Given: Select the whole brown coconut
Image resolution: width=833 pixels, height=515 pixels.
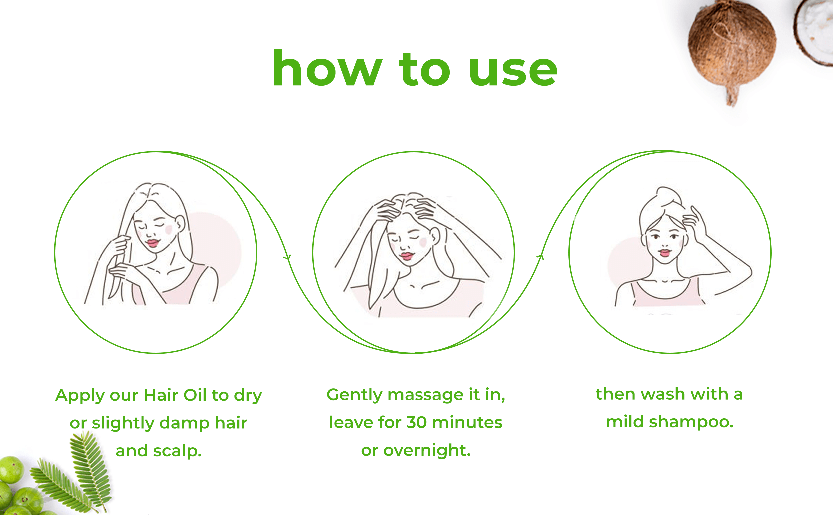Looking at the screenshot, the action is tap(732, 51).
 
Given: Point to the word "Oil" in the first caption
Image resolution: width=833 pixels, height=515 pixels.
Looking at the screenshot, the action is tap(195, 395).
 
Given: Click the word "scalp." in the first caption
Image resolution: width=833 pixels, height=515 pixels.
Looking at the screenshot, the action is tap(177, 451).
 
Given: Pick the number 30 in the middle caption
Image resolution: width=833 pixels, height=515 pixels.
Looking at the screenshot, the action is tap(417, 423).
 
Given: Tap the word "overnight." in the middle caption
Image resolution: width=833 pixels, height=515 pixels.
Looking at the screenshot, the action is tap(427, 451).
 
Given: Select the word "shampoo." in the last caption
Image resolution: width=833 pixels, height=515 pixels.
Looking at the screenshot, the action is tap(691, 423).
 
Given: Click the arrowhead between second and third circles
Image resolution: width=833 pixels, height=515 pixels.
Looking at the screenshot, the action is tap(541, 257).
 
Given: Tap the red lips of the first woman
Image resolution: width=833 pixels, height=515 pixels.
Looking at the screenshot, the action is tap(152, 243).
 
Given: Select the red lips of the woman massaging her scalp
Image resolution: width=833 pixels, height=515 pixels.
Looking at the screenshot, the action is tap(407, 256).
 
